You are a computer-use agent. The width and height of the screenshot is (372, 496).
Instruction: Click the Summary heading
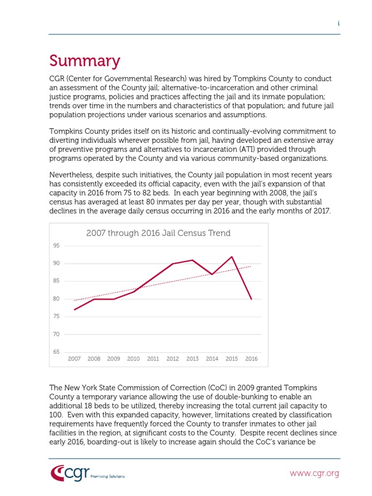pos(84,62)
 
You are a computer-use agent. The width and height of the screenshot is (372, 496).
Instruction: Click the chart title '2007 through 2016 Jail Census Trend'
pos(158,233)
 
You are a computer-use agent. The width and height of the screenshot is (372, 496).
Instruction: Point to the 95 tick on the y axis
pos(56,246)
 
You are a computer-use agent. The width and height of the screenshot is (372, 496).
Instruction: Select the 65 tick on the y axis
pos(56,352)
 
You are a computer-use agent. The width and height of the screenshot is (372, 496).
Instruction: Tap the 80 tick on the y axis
pos(56,299)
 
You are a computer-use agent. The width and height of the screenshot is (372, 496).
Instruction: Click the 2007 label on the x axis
pos(74,359)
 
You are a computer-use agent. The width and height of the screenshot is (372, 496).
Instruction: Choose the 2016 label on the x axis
pos(251,359)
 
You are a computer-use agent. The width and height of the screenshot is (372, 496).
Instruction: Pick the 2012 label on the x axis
pos(172,359)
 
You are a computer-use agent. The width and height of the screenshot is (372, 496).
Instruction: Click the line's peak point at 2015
pos(232,257)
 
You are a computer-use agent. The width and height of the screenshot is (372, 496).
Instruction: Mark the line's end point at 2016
pos(251,299)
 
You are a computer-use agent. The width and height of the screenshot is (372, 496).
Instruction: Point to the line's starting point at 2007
pos(74,310)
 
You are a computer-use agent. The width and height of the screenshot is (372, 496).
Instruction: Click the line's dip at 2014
pos(212,274)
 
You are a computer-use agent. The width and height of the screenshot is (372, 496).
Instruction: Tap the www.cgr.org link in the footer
pos(314,473)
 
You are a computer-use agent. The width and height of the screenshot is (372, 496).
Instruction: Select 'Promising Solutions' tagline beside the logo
pos(108,476)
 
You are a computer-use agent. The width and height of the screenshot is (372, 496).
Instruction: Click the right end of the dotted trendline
pos(251,266)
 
